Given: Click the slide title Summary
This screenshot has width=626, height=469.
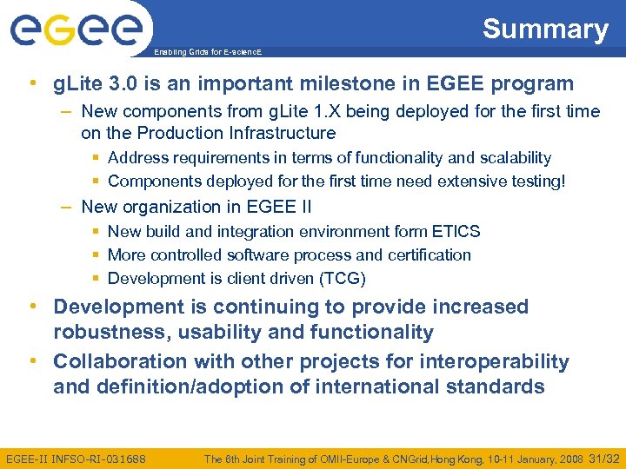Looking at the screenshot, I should click(545, 30).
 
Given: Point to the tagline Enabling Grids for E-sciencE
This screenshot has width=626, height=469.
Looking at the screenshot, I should click(207, 52).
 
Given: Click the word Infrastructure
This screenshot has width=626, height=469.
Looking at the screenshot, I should click(283, 133).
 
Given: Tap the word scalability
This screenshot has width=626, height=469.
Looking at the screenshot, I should click(509, 158).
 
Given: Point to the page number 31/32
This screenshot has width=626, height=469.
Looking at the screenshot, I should click(604, 459).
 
